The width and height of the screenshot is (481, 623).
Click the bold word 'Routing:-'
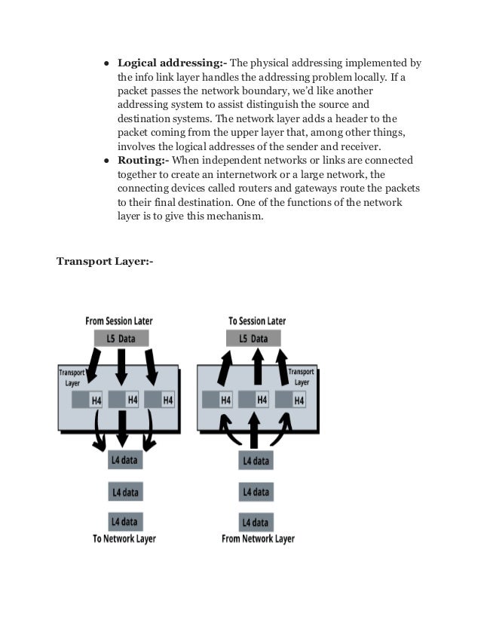(143, 161)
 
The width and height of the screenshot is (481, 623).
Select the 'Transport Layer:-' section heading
(104, 262)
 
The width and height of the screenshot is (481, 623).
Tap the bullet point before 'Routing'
(108, 161)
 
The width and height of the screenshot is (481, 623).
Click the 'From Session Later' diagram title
(118, 321)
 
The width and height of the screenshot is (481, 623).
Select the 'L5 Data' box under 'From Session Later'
(121, 339)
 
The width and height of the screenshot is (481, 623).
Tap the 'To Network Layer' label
(125, 539)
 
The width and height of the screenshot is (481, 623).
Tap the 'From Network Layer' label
(258, 539)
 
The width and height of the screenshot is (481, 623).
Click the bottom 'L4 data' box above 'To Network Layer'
(125, 521)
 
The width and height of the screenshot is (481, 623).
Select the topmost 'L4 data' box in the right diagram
(256, 459)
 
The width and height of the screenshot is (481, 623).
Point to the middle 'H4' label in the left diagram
(132, 400)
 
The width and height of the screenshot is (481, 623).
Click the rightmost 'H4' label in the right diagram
(299, 400)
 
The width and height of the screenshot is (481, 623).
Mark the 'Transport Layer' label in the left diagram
(72, 377)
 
